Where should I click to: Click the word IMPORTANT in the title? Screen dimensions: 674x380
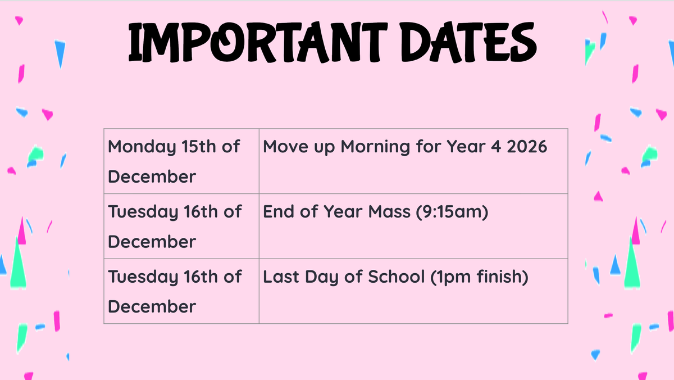click(x=258, y=42)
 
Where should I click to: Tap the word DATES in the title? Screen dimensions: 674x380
click(x=468, y=42)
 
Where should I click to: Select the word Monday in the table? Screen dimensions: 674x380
click(x=142, y=147)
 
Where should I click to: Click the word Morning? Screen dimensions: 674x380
click(x=375, y=147)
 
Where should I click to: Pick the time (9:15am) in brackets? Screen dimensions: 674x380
click(x=452, y=212)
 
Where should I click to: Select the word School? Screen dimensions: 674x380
click(x=397, y=277)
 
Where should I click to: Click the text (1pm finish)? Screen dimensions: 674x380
click(x=479, y=277)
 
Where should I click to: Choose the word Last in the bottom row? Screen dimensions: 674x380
click(x=281, y=277)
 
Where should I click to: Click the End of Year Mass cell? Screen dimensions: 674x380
click(x=413, y=226)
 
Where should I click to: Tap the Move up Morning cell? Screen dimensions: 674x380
click(x=413, y=161)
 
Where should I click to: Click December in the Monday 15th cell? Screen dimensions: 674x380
click(x=152, y=177)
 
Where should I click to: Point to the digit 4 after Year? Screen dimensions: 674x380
click(x=495, y=147)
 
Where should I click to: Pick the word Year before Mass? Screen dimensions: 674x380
click(x=343, y=211)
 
